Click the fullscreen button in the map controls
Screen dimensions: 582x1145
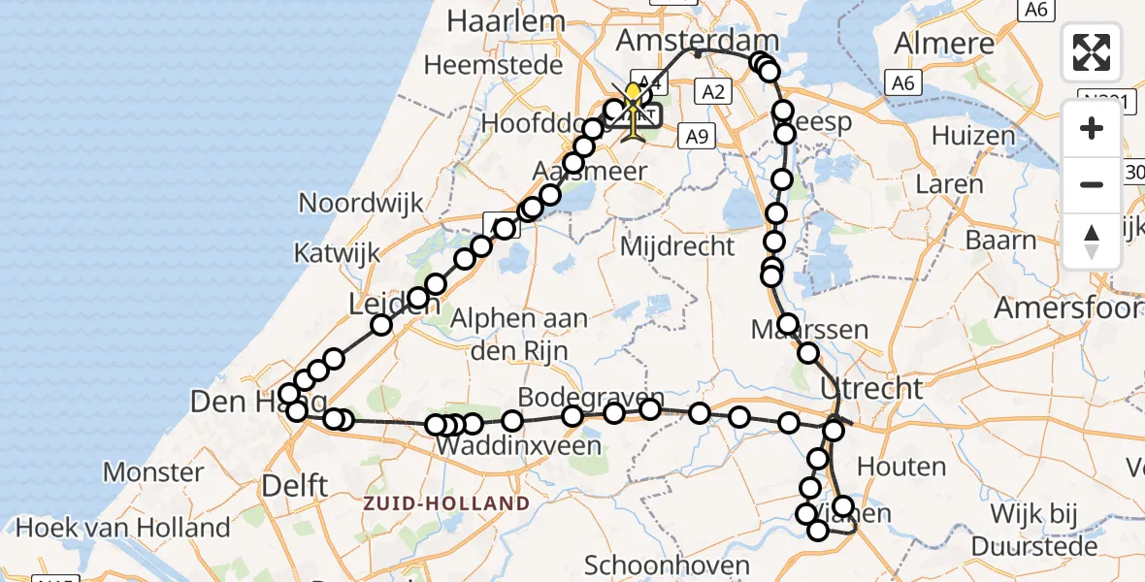[1092, 52]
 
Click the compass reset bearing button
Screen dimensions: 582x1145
[1092, 241]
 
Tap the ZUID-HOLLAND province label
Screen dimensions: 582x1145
[447, 503]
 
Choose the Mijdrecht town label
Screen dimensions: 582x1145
[677, 246]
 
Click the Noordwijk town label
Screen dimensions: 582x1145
[362, 203]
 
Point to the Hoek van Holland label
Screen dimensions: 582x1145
[122, 528]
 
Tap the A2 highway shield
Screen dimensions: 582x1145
[712, 92]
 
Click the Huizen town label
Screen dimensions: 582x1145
[973, 136]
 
